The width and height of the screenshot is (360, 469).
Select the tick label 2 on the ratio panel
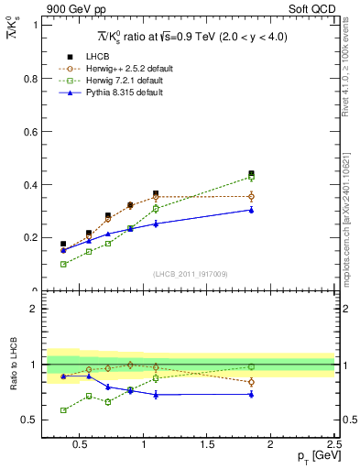click(35, 309)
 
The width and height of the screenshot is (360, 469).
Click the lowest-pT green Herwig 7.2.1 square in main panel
click(63, 264)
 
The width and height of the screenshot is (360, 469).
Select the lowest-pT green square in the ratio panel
click(63, 410)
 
